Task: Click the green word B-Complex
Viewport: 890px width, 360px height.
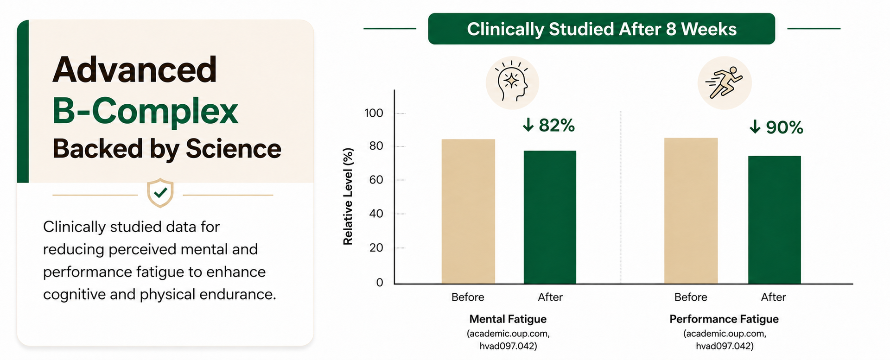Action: point(145,111)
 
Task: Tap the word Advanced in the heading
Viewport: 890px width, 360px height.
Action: point(134,69)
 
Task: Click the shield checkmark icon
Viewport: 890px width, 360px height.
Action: point(160,193)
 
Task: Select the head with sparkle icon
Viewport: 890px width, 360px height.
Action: point(512,83)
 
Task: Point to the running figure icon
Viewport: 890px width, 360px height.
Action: point(725,83)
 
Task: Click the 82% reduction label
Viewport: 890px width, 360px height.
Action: point(549,125)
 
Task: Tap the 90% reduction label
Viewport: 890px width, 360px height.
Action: point(776,127)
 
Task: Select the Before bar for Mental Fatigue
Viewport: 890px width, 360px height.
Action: point(468,211)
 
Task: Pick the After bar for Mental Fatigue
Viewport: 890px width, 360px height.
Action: point(550,217)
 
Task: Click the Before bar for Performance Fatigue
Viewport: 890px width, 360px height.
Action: point(691,211)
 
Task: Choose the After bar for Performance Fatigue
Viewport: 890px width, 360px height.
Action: point(774,220)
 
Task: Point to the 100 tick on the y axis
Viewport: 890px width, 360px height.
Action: point(374,113)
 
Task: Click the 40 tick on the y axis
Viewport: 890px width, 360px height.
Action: point(376,214)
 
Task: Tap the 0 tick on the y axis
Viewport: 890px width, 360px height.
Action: point(380,282)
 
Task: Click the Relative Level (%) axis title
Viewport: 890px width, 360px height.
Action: point(348,196)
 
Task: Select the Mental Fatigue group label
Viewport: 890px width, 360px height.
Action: point(508,319)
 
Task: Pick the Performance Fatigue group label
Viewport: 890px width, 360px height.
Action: point(724,319)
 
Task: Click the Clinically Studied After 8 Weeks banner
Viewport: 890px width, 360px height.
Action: point(602,29)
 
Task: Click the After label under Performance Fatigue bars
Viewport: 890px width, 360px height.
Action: point(773,297)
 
